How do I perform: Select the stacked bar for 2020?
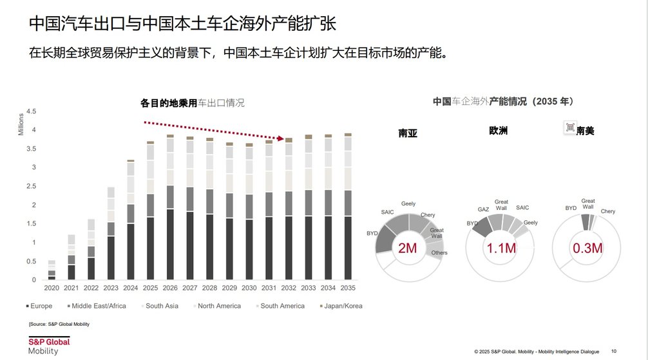(x=52, y=270)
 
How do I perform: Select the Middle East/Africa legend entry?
(x=97, y=306)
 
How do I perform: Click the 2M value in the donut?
(x=408, y=248)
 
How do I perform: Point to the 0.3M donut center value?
(x=587, y=248)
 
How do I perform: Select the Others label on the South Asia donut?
(x=439, y=253)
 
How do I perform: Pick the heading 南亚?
(x=408, y=133)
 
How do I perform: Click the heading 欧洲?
(x=498, y=130)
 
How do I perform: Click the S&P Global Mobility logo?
(x=48, y=345)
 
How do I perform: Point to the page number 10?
(x=613, y=352)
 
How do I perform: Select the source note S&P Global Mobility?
(x=59, y=323)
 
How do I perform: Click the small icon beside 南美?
(x=569, y=128)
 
